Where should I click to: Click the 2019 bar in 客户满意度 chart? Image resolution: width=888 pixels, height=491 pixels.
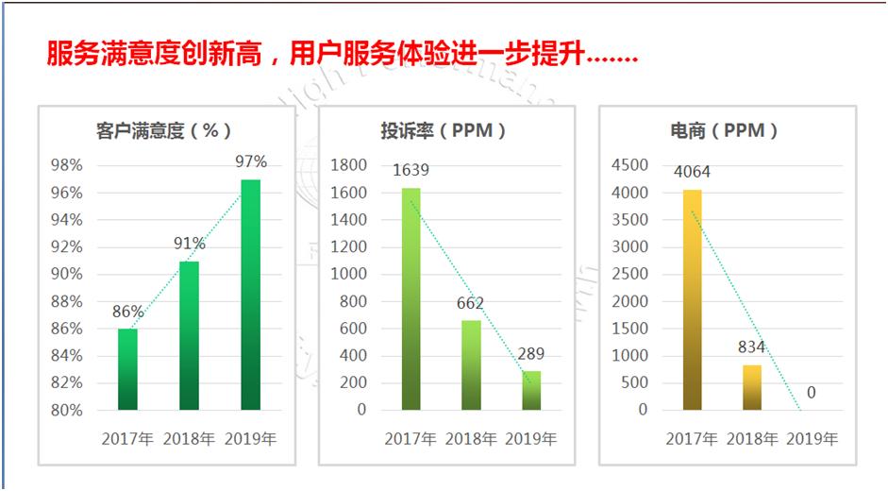pyautogui.click(x=250, y=295)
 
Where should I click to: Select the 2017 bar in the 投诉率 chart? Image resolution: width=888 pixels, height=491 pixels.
pyautogui.click(x=410, y=298)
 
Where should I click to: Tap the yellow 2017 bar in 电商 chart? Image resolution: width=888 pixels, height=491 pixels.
pyautogui.click(x=692, y=300)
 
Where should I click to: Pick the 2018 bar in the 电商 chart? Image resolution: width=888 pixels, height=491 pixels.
pyautogui.click(x=752, y=387)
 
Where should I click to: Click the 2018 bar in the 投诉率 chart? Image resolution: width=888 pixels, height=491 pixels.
pyautogui.click(x=470, y=364)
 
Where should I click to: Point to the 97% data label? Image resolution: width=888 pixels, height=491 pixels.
pyautogui.click(x=251, y=162)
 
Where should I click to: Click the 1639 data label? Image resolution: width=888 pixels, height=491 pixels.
pyautogui.click(x=410, y=171)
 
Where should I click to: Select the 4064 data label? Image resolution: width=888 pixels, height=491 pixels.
pyautogui.click(x=692, y=173)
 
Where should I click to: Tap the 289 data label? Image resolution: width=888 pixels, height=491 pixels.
pyautogui.click(x=530, y=354)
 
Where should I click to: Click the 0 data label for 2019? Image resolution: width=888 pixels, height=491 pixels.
pyautogui.click(x=812, y=393)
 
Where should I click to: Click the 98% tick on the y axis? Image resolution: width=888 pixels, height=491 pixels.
pyautogui.click(x=66, y=165)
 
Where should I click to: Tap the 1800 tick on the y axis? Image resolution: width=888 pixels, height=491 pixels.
pyautogui.click(x=348, y=165)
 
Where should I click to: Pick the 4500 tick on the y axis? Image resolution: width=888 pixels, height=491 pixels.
pyautogui.click(x=629, y=165)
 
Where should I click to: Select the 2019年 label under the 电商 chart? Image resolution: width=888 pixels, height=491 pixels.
pyautogui.click(x=812, y=439)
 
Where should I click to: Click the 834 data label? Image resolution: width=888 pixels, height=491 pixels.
pyautogui.click(x=752, y=347)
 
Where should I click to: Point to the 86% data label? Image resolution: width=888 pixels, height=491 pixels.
pyautogui.click(x=128, y=312)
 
